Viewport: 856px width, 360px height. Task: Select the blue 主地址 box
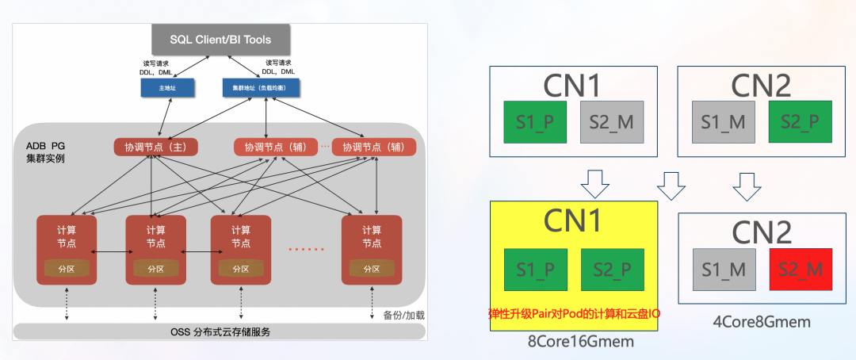(x=168, y=86)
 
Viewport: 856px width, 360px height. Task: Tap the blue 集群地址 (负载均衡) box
(x=265, y=86)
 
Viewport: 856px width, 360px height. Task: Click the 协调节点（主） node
(x=155, y=147)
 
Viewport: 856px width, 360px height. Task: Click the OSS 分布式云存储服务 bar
(x=220, y=331)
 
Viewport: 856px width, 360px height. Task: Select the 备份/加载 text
(x=403, y=315)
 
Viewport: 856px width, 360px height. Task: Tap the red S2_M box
(x=801, y=270)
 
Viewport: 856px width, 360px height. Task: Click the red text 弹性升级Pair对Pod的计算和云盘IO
(x=574, y=314)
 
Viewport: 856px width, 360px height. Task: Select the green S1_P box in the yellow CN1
(x=536, y=270)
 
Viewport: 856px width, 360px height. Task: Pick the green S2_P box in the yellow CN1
(x=613, y=270)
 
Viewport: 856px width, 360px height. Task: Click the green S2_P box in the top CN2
(x=801, y=122)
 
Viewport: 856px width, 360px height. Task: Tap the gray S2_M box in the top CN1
(x=613, y=122)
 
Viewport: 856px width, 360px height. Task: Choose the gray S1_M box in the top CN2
(x=724, y=122)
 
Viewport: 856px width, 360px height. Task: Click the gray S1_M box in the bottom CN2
(x=724, y=270)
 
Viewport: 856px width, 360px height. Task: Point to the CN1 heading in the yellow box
(x=574, y=222)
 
